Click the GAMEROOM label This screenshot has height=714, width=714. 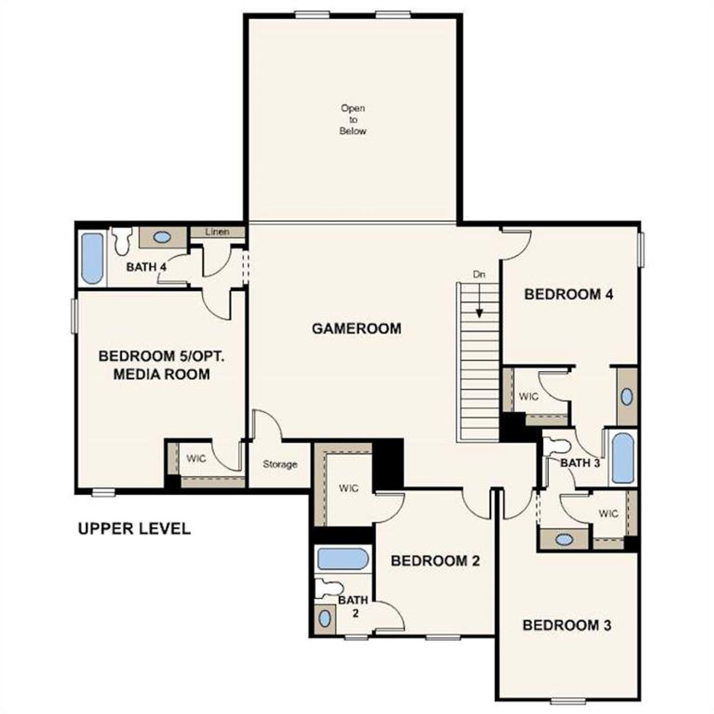pyautogui.click(x=356, y=328)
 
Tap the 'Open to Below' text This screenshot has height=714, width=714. pyautogui.click(x=353, y=119)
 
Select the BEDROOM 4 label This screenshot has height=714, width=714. pyautogui.click(x=568, y=294)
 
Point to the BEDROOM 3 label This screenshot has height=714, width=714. pyautogui.click(x=567, y=625)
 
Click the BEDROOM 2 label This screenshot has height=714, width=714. pyautogui.click(x=435, y=561)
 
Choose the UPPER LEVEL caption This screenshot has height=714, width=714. pyautogui.click(x=134, y=528)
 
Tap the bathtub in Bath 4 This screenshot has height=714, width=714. pyautogui.click(x=93, y=258)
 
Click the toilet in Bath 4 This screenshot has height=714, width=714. pyautogui.click(x=120, y=240)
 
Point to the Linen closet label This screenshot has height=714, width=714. pyautogui.click(x=217, y=231)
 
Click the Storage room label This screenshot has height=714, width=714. pyautogui.click(x=280, y=464)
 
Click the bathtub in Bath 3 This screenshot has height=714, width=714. pyautogui.click(x=623, y=458)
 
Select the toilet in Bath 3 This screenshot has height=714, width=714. pyautogui.click(x=556, y=446)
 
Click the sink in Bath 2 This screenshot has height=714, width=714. pyautogui.click(x=324, y=618)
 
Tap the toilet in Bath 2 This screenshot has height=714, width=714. pyautogui.click(x=329, y=587)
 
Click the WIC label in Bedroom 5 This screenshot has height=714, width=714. pyautogui.click(x=196, y=459)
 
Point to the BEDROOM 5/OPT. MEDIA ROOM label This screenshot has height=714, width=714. pyautogui.click(x=161, y=365)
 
